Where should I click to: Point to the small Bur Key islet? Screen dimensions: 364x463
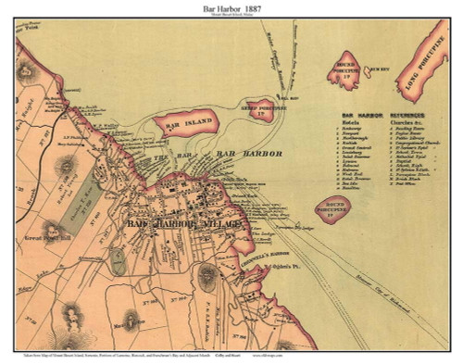[374, 69]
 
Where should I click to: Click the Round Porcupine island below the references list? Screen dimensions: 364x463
[332, 210]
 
